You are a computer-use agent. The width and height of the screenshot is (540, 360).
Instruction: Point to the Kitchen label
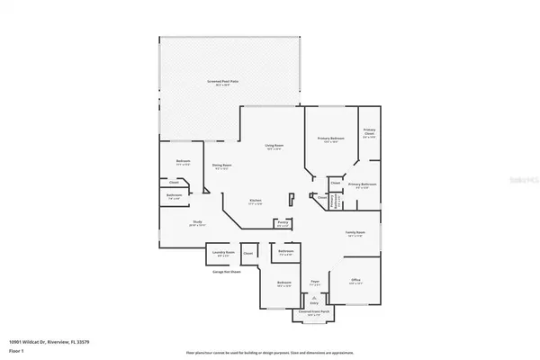tap(256, 201)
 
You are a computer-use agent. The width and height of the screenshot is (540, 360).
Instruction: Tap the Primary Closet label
tap(369, 132)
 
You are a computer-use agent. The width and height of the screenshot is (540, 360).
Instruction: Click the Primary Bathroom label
tap(362, 185)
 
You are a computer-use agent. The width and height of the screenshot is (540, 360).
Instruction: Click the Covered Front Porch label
tap(314, 314)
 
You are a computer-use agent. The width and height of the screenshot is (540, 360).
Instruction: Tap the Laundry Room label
tap(222, 253)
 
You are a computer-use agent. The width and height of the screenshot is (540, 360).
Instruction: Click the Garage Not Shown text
tap(224, 270)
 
